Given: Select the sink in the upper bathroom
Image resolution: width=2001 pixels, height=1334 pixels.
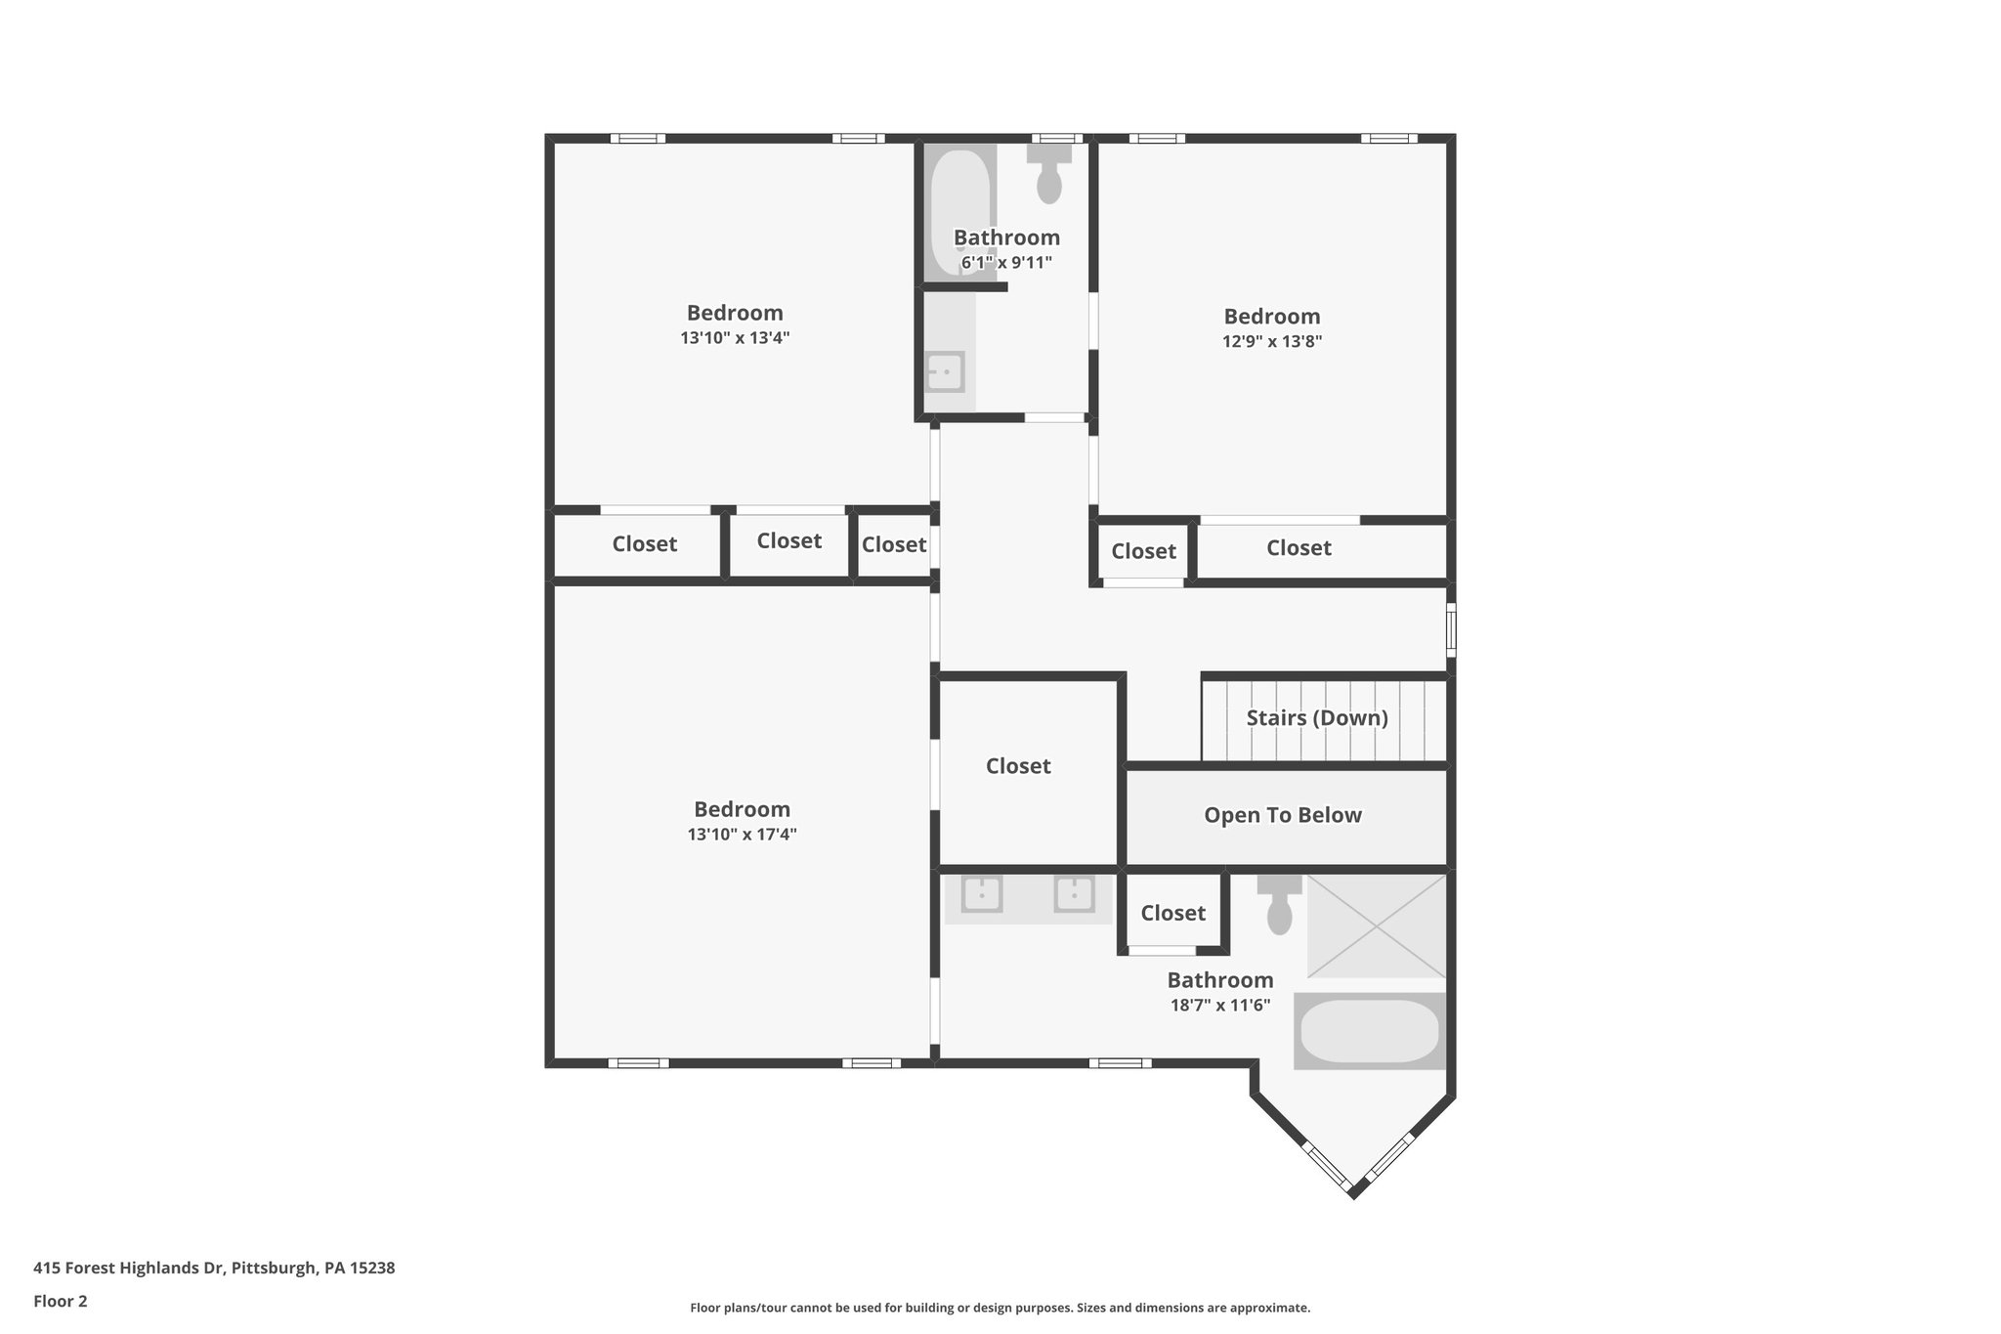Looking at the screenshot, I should (x=945, y=372).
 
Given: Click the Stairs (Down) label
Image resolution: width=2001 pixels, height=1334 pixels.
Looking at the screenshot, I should (x=1316, y=718).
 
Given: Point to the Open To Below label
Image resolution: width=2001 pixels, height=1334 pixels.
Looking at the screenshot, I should (x=1282, y=816).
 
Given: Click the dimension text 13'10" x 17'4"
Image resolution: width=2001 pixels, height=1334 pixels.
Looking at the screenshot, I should (x=742, y=835).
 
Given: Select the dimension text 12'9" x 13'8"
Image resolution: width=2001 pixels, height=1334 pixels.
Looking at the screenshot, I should (x=1271, y=342).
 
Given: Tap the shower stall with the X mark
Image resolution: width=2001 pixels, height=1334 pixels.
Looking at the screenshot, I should (x=1376, y=925).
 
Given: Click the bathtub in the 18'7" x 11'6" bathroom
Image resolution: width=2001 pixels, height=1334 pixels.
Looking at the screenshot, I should (x=1369, y=1031).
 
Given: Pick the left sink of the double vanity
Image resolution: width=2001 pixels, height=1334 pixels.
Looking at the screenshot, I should (x=981, y=894).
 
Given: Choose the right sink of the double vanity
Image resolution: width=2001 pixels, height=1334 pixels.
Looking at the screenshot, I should (x=1073, y=894).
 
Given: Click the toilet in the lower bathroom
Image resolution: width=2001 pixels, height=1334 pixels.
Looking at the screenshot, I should (x=1279, y=907).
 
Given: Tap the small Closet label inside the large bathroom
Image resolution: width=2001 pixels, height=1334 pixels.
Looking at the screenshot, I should (x=1172, y=914).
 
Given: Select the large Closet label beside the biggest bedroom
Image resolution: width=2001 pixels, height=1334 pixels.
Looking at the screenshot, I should (x=1017, y=767).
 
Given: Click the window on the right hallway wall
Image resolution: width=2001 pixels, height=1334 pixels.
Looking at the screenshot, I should (x=1451, y=629).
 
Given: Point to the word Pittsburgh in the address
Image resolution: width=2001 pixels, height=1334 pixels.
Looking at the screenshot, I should (x=274, y=1269).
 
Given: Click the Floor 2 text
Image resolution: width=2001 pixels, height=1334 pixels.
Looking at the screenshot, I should (x=61, y=1302).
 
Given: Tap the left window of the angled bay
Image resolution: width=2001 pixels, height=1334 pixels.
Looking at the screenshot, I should (x=1327, y=1165).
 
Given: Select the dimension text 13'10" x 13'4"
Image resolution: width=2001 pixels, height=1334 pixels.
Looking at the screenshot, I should (x=735, y=338).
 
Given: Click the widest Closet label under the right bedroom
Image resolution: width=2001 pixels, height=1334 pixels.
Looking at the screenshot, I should (x=1299, y=549).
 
